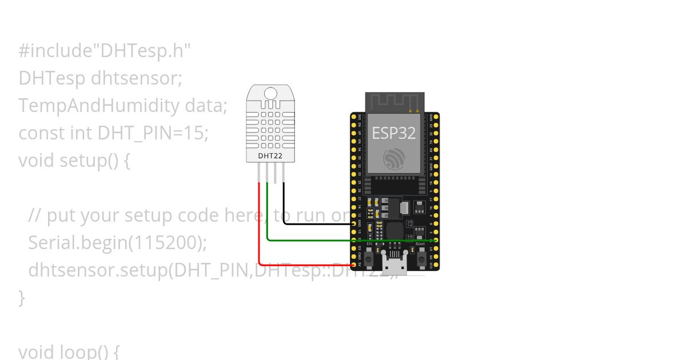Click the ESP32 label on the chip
[x=394, y=133]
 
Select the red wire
[x=260, y=229]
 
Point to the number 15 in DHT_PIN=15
[x=197, y=133]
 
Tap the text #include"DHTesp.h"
[x=104, y=51]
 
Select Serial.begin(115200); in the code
[x=117, y=243]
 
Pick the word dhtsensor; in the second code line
[x=136, y=78]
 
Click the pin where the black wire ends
[x=354, y=223]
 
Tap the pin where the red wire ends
[x=354, y=265]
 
